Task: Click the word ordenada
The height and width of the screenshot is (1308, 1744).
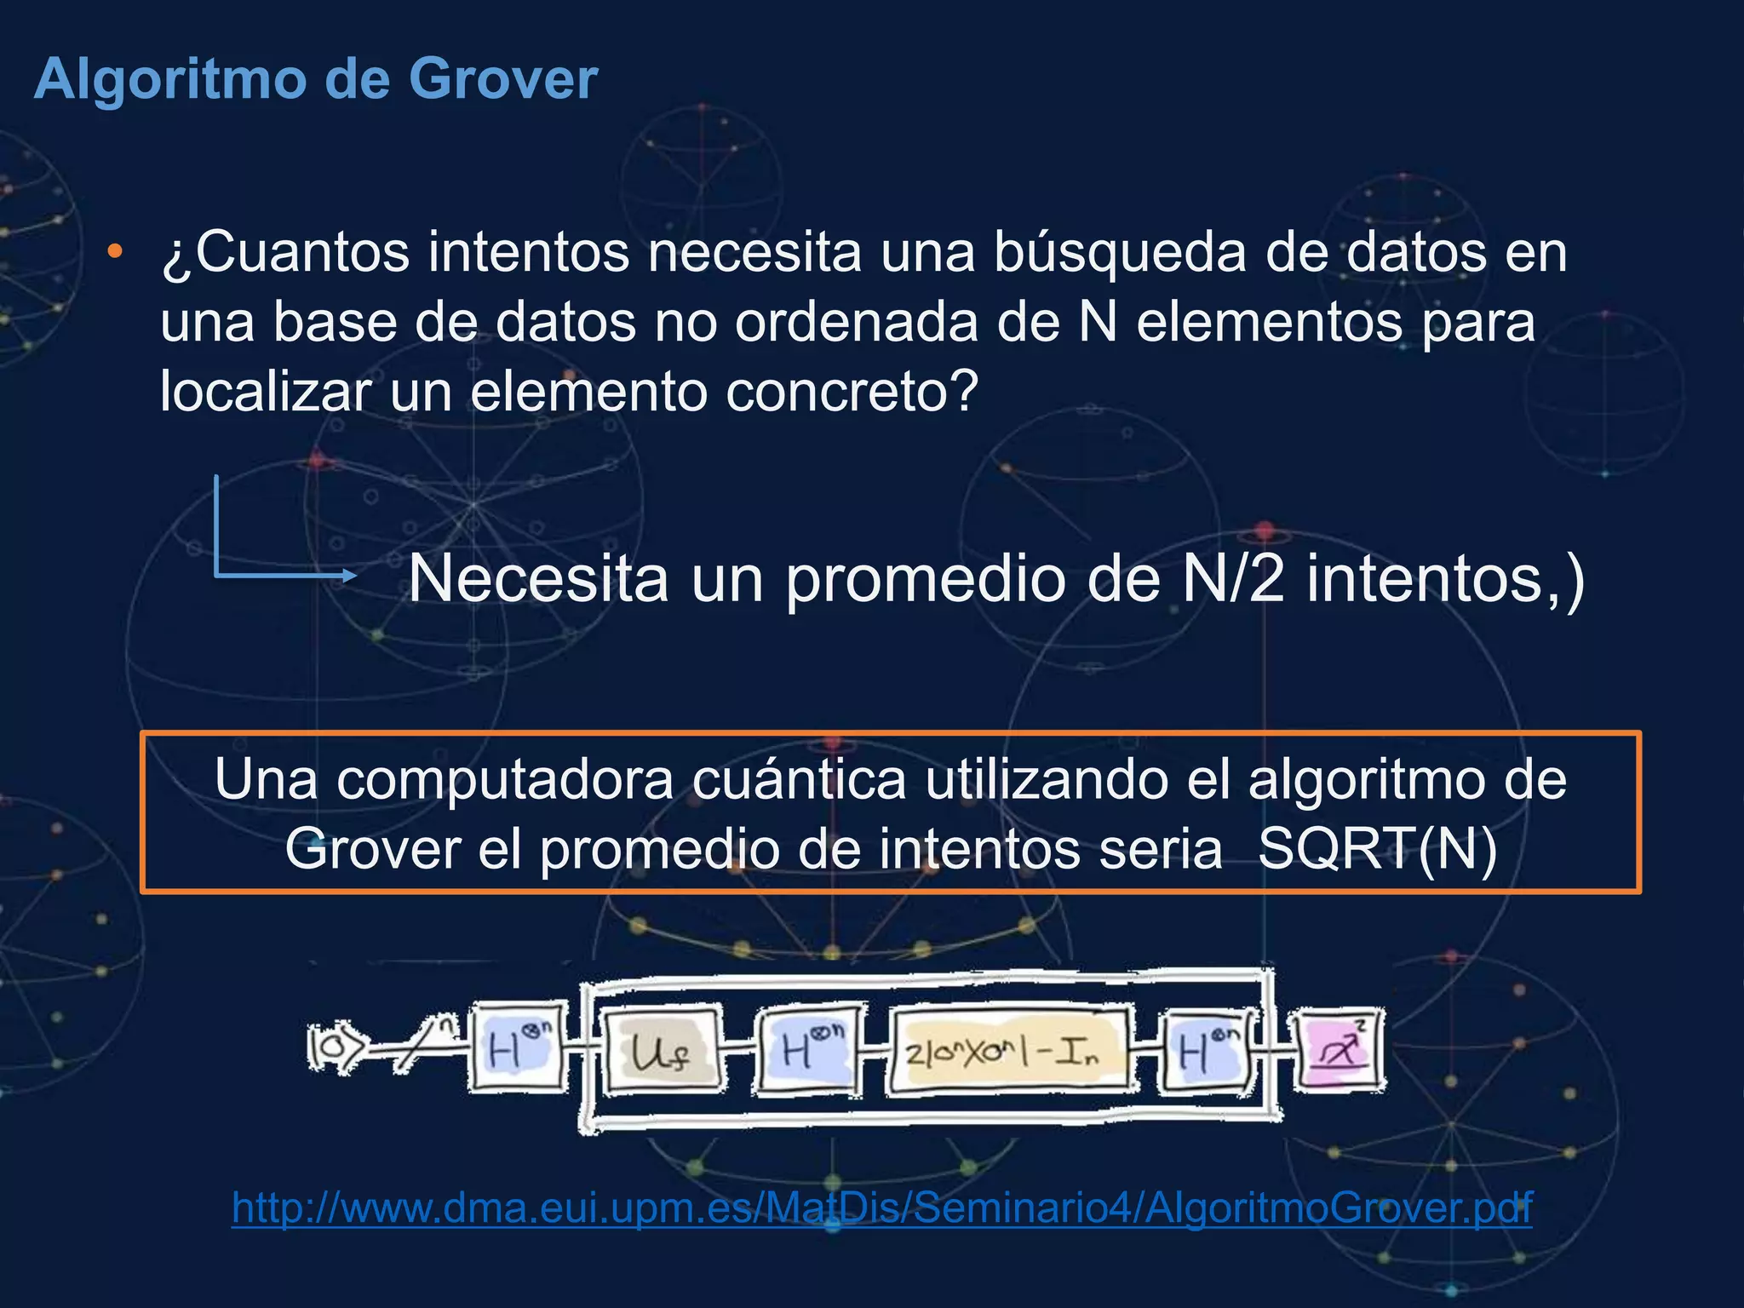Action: [856, 323]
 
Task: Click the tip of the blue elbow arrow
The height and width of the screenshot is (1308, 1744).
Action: [353, 577]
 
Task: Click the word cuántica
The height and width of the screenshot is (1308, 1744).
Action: [799, 779]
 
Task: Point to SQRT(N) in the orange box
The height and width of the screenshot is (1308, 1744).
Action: [1377, 850]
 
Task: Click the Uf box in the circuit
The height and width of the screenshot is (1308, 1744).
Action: [662, 1053]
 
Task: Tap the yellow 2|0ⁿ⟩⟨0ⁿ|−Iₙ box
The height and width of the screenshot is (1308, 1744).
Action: [1010, 1053]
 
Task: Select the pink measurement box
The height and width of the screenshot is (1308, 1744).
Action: [1339, 1050]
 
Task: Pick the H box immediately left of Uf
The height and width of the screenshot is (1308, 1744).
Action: [516, 1049]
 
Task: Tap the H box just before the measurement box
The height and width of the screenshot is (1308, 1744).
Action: [1208, 1053]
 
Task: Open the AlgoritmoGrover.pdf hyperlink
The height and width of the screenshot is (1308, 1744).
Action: [881, 1208]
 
